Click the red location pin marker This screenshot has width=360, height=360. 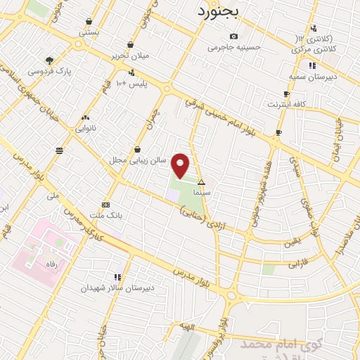181,165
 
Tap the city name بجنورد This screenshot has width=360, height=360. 218,11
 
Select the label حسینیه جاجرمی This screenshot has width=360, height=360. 233,48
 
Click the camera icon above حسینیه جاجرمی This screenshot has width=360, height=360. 233,37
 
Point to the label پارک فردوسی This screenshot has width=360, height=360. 49,71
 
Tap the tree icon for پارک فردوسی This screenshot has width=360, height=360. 49,60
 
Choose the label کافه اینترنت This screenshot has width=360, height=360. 286,104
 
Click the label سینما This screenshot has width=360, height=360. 202,191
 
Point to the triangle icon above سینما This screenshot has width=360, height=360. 202,181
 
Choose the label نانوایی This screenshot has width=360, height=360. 86,128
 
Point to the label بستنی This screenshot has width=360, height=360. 88,32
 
